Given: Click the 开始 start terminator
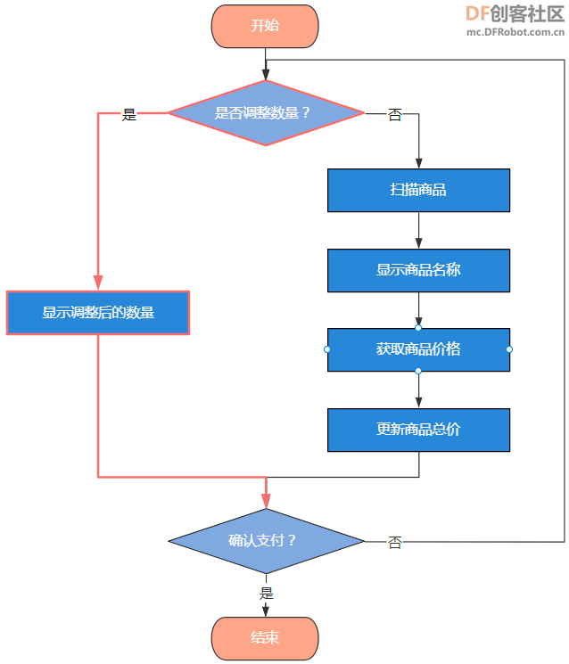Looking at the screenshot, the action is (265, 26).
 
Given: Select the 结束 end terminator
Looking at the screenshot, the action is (265, 638).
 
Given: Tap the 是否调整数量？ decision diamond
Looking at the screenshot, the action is (266, 113).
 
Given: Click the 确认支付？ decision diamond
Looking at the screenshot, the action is (266, 541).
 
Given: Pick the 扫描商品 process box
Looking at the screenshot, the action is (418, 190).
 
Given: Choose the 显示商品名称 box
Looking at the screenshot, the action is (418, 270).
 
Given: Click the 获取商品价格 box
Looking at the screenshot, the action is (418, 349).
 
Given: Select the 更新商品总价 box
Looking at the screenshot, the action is (418, 430).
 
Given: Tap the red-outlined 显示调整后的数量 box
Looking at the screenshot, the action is (98, 313).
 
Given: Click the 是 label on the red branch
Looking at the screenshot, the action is (129, 114).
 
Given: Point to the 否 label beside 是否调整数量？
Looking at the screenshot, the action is (395, 114).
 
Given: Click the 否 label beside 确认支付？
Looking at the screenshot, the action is (395, 543).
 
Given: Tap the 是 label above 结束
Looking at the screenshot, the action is (267, 594).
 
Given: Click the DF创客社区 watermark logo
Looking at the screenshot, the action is (515, 14).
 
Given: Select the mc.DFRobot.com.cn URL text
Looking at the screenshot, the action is (515, 32).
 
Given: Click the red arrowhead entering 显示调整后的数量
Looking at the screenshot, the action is (98, 283).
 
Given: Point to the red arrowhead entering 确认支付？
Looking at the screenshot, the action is (266, 501).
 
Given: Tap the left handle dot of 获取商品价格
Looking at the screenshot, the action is (327, 349).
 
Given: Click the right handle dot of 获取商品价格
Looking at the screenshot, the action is (509, 349).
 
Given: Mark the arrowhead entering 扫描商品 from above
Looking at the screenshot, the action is (418, 163).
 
